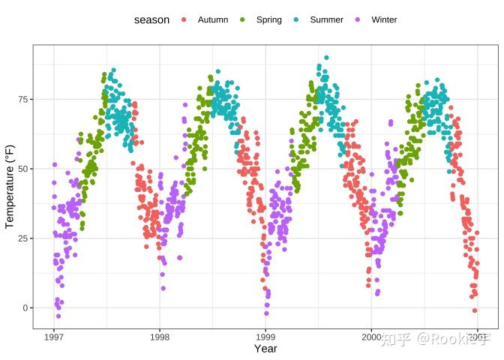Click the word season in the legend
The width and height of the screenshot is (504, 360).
[x=151, y=19]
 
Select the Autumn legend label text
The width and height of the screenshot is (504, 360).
[x=213, y=19]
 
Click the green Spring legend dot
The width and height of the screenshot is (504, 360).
[x=242, y=19]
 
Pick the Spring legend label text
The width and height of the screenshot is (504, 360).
[x=268, y=19]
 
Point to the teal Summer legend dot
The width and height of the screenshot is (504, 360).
[x=296, y=19]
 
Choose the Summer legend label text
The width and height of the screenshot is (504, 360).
[x=327, y=19]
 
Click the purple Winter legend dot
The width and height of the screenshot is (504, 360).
[x=358, y=19]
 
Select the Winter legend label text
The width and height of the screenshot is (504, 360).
[x=384, y=19]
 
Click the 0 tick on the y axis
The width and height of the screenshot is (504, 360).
[x=25, y=307]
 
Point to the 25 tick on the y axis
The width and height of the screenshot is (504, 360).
[x=23, y=238]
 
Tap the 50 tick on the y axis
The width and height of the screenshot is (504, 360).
[x=23, y=169]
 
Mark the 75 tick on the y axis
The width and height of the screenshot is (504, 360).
[x=23, y=99]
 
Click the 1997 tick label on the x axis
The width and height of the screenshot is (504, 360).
[x=53, y=337]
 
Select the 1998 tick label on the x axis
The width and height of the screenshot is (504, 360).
[x=159, y=337]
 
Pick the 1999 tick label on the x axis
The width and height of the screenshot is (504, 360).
[x=265, y=337]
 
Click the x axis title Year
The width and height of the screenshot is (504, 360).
[x=265, y=349]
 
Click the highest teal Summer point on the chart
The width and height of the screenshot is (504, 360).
[x=326, y=58]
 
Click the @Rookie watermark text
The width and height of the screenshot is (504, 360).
[x=453, y=340]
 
